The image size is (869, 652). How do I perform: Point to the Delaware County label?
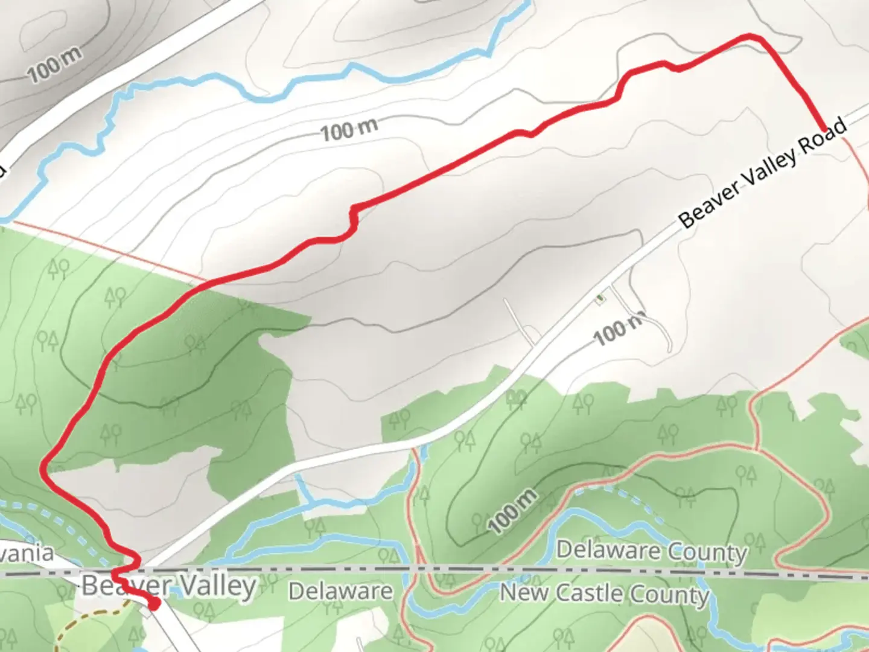(x=652, y=551)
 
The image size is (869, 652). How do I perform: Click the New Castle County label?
(x=604, y=593)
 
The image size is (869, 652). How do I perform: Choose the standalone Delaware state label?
(x=340, y=591)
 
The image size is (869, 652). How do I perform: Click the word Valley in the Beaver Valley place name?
(x=219, y=586)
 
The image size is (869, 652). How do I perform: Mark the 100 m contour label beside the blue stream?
(x=349, y=129)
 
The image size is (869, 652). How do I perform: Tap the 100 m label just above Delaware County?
(x=512, y=512)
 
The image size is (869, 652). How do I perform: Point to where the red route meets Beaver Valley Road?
(x=823, y=128)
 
